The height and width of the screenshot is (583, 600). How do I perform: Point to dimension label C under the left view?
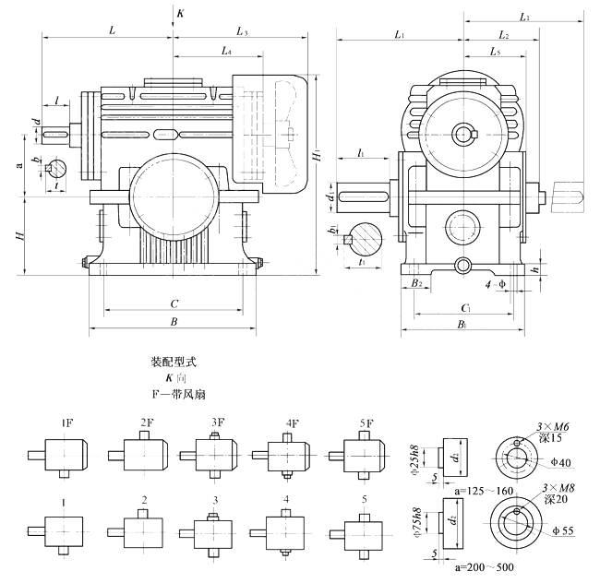(x=174, y=303)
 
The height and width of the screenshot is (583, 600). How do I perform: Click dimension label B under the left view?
(x=174, y=322)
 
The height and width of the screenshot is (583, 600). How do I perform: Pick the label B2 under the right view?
(x=418, y=283)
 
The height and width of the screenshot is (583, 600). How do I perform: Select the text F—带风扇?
(x=175, y=391)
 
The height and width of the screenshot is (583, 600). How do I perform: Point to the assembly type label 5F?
(x=365, y=423)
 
